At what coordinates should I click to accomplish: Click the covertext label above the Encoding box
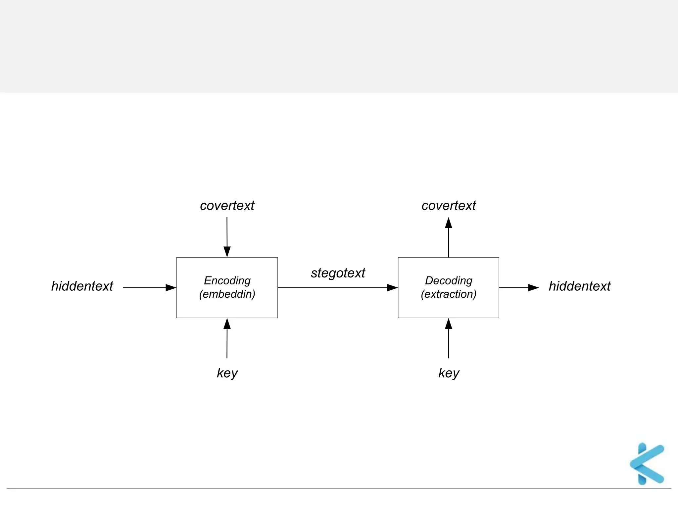coord(227,205)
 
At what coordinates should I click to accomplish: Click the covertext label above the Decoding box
coord(449,205)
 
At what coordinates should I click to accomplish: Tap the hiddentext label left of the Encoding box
coord(82,286)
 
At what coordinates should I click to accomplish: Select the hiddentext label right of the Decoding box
coord(579,286)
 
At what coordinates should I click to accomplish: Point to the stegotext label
coord(338,273)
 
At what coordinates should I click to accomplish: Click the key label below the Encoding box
coord(227,373)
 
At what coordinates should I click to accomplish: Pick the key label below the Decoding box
coord(449,373)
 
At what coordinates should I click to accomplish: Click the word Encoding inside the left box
coord(227,280)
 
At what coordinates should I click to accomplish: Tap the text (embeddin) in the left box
coord(227,294)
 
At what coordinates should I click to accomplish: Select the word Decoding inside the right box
coord(449,280)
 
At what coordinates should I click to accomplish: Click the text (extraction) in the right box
coord(449,294)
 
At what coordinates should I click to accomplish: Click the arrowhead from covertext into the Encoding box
coord(227,252)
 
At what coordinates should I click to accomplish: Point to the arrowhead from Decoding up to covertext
coord(449,223)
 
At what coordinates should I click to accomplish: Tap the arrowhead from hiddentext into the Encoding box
coord(171,288)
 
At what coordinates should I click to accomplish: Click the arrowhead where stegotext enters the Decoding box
coord(392,288)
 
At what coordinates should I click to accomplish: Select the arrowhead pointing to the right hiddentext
coord(533,288)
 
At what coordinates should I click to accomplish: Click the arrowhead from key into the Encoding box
coord(227,324)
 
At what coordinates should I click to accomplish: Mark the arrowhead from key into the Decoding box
coord(449,324)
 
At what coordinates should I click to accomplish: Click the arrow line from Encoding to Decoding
coord(331,288)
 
